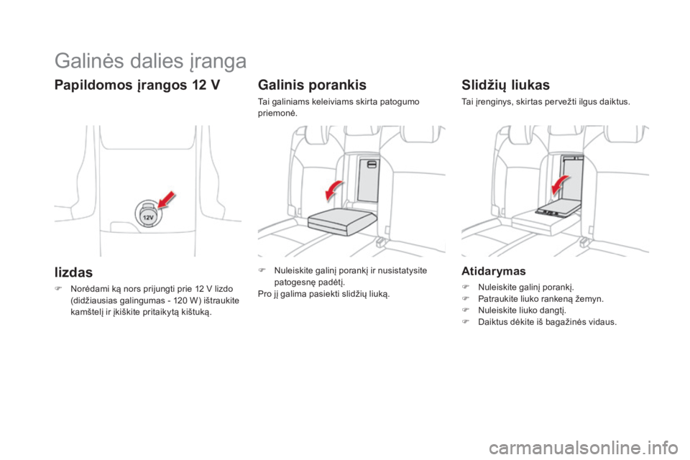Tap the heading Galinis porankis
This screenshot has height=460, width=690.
click(311, 83)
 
